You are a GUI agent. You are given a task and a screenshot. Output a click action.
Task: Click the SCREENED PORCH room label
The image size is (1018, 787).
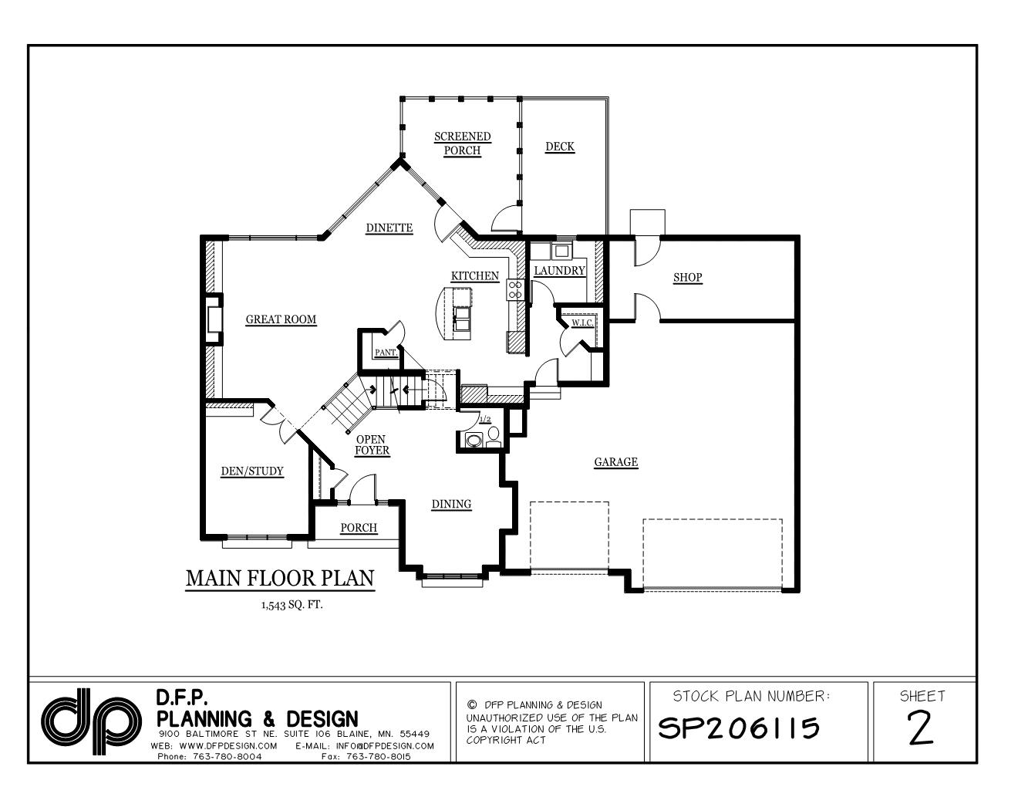tap(462, 144)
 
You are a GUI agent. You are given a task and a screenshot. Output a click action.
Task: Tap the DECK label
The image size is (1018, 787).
tap(560, 147)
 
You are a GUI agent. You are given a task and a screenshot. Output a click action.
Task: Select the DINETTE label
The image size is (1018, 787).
tap(389, 228)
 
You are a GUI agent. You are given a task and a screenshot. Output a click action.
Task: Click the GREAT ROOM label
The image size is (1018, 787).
tap(281, 319)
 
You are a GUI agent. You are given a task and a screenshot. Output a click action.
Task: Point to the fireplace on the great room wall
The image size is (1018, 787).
tap(214, 319)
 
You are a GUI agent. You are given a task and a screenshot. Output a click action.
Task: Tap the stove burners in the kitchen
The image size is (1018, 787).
tap(514, 289)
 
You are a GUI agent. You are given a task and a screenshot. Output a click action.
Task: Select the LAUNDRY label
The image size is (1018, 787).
tap(559, 271)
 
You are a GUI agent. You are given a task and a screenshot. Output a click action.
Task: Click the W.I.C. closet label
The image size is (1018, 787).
tap(582, 323)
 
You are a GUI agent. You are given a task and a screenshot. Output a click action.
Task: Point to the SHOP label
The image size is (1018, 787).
tap(687, 278)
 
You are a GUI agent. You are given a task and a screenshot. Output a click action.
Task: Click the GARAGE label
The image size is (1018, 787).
tap(615, 462)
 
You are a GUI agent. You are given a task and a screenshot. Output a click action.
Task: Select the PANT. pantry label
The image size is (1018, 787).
tap(386, 353)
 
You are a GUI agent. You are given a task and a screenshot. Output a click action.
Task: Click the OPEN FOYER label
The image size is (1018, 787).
tap(372, 445)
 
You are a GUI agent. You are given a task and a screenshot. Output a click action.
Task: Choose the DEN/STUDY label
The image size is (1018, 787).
tap(251, 471)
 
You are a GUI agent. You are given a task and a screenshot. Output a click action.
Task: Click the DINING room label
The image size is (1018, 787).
tap(451, 505)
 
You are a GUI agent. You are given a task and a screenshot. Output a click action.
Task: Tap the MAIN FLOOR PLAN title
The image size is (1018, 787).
tap(280, 578)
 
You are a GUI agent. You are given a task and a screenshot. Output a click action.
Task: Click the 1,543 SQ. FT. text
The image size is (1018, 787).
tap(292, 605)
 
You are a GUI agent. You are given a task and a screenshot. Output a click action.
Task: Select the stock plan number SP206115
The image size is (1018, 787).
tap(738, 728)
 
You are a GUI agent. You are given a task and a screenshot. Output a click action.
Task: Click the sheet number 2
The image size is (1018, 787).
tap(920, 728)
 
